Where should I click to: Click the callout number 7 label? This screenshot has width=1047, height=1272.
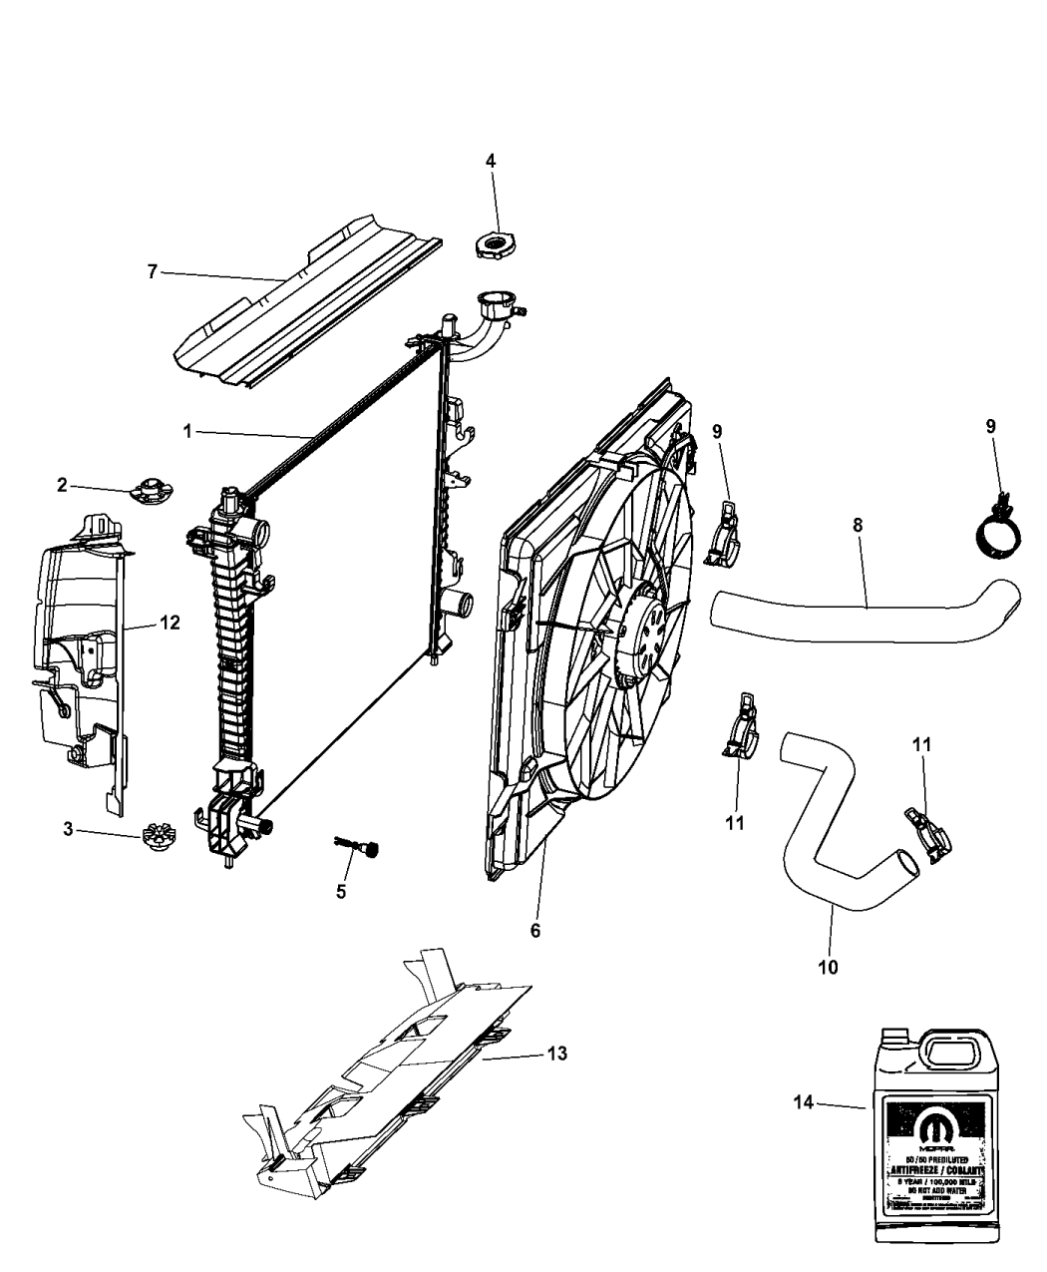pyautogui.click(x=152, y=271)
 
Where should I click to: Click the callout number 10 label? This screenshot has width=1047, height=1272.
pyautogui.click(x=828, y=967)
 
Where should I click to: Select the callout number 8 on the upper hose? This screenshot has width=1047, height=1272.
pyautogui.click(x=857, y=524)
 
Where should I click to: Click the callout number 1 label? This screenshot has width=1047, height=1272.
pyautogui.click(x=186, y=431)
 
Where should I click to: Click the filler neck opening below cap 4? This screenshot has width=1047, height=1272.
pyautogui.click(x=494, y=299)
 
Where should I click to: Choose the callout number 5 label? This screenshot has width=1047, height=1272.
pyautogui.click(x=341, y=891)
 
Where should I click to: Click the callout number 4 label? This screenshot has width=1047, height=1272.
pyautogui.click(x=490, y=160)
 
